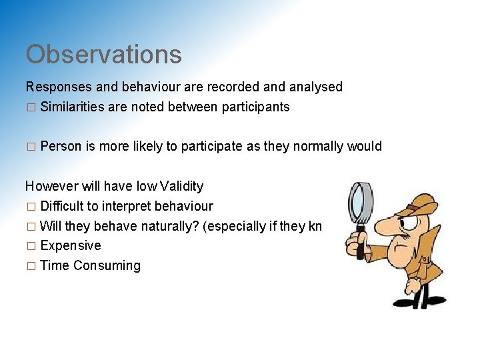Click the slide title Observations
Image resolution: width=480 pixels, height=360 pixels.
point(103,55)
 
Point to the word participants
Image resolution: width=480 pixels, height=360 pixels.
point(256,107)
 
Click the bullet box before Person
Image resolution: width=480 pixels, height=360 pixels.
point(29,147)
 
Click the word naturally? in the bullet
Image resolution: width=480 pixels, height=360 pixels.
point(169,226)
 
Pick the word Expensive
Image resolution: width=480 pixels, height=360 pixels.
point(71,245)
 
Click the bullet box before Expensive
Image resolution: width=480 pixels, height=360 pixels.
point(29,246)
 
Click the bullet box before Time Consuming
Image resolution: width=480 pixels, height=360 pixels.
point(29,266)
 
